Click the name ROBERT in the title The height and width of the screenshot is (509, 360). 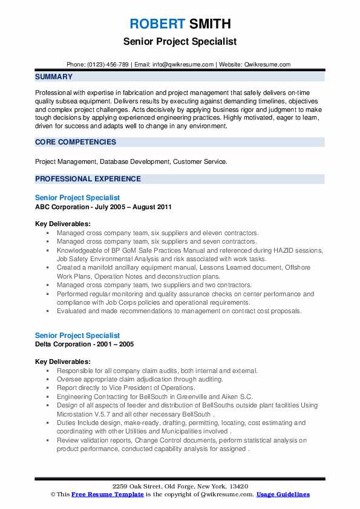pos(156,24)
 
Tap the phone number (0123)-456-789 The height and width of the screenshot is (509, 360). pos(108,64)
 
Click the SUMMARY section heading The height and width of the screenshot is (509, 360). pos(54,77)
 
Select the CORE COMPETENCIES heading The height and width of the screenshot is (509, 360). pos(76,142)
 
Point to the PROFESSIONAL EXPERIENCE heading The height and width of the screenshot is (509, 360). pos(88,179)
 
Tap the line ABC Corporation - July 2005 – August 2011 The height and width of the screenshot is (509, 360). pos(103,207)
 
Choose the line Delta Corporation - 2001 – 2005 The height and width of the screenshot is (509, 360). pos(85,344)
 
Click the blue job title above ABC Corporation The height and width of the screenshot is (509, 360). pos(77,198)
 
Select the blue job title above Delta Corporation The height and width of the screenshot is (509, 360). pos(77,335)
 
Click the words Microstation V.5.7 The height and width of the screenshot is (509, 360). pos(82,415)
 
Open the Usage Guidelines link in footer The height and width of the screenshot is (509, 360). pos(283,494)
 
